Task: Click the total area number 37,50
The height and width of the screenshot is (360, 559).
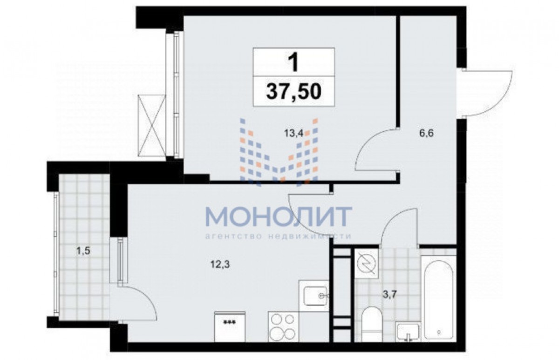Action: [293, 92]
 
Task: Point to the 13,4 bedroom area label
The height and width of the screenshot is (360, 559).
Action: [293, 134]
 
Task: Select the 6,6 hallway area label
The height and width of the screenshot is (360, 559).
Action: [427, 133]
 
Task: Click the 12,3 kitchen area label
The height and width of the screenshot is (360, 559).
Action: [220, 264]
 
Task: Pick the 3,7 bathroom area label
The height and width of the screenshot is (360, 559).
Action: [390, 295]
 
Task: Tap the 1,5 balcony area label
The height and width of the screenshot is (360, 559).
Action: [83, 251]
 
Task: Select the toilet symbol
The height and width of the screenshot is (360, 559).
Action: [372, 323]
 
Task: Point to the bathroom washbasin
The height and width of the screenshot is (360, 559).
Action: [408, 332]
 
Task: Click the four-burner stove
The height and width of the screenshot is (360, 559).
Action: [283, 326]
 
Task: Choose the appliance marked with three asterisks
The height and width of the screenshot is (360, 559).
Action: [230, 326]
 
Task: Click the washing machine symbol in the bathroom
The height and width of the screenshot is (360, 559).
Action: [367, 264]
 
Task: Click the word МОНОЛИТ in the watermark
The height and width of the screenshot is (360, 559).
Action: [279, 217]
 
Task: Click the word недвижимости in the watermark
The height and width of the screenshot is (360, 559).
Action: [310, 236]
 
